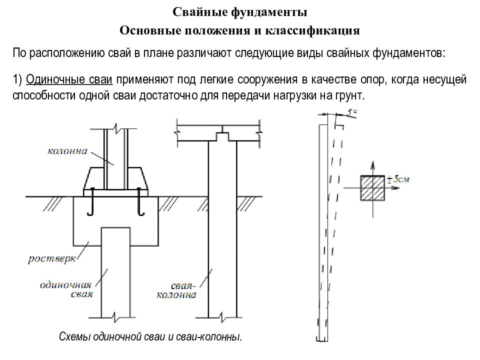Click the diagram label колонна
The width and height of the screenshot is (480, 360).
67,151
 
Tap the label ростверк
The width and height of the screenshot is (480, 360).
52,259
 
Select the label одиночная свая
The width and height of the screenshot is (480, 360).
66,289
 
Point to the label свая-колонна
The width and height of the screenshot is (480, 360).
176,290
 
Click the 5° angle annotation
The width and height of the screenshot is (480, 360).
351,113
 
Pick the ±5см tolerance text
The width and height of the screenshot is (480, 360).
398,179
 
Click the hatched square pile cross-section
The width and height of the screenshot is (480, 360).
372,188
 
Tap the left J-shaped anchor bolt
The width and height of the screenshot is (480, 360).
91,202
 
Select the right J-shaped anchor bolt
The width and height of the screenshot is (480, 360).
140,202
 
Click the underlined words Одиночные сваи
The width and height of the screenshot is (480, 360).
69,79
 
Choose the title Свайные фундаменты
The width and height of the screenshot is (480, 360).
240,12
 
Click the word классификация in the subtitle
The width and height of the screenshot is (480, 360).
312,30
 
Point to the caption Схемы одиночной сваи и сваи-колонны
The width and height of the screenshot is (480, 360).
150,336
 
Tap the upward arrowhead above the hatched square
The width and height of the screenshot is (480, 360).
372,164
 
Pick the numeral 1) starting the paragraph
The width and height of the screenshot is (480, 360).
17,79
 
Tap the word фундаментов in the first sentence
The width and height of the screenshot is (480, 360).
408,53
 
